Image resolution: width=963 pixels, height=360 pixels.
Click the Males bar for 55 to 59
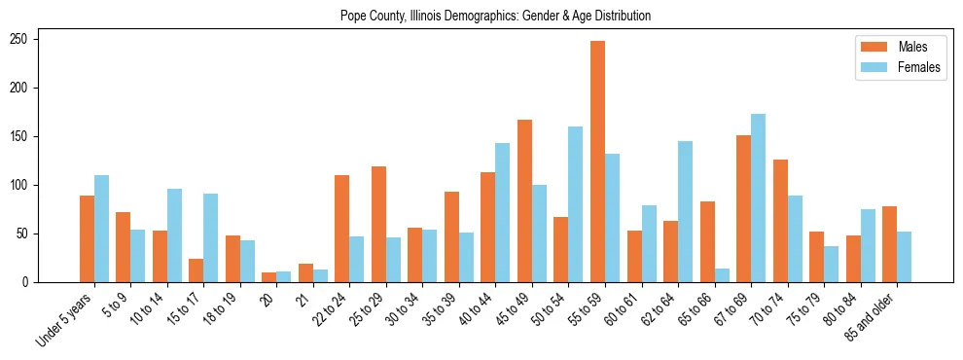point(597,162)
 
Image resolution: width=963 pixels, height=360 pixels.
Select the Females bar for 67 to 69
point(758,198)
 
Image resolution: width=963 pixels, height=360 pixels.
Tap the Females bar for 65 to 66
point(685,275)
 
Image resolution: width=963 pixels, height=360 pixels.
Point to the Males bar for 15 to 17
point(196,270)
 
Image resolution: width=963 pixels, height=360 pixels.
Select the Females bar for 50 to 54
point(575,204)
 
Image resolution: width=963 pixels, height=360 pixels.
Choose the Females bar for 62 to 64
point(685,212)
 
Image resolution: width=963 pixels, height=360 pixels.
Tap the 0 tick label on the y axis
point(32,282)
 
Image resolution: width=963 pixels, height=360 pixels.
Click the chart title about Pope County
point(495,17)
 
